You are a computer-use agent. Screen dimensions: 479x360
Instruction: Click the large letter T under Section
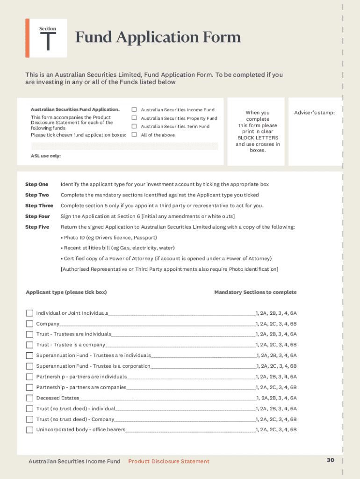pos(48,42)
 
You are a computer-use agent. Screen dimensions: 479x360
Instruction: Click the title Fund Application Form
pos(158,37)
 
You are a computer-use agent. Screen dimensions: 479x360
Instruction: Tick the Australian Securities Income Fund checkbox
pos(134,109)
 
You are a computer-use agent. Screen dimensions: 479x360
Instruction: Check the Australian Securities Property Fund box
pos(134,118)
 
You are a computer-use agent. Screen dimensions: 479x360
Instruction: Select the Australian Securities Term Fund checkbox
pos(134,126)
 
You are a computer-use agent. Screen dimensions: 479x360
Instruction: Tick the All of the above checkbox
pos(134,135)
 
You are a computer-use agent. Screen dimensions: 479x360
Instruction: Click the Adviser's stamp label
pos(314,113)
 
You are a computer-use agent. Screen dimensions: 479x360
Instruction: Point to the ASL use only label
pos(46,156)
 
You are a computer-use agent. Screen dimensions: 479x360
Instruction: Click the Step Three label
pos(39,206)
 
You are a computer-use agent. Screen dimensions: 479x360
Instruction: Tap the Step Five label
pos(37,227)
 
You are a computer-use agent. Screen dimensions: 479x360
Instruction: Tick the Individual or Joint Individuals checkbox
pos(29,313)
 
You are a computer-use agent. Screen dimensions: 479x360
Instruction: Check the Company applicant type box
pos(29,324)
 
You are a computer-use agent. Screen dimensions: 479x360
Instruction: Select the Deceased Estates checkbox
pos(29,398)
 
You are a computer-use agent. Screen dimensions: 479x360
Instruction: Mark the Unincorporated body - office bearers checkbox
pos(29,430)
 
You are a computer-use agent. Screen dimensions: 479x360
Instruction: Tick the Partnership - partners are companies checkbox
pos(29,387)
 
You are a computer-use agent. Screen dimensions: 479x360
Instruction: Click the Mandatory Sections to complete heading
pos(255,292)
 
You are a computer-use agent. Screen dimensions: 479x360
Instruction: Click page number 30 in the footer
pos(331,460)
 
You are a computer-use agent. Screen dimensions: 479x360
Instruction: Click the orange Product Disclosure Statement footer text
pos(169,462)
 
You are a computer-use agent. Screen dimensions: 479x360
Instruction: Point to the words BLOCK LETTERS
pos(258,138)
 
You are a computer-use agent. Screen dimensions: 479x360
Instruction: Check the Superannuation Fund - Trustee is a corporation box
pos(29,366)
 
